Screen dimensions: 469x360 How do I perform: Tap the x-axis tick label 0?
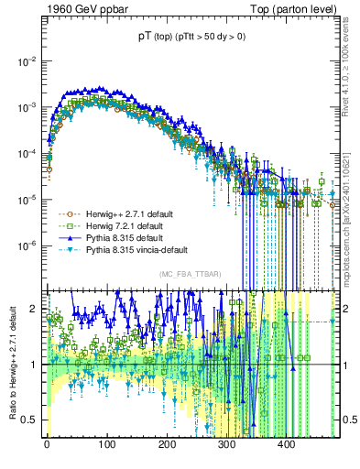click(x=47, y=442)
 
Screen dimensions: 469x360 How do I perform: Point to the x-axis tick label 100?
click(x=106, y=442)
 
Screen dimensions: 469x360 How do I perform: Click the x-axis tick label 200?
click(x=167, y=442)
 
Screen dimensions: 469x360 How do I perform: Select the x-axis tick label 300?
click(x=226, y=442)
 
